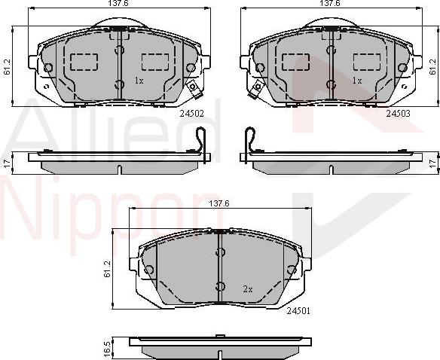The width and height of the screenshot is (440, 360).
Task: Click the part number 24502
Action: pyautogui.click(x=191, y=114)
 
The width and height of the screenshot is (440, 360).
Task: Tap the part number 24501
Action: pyautogui.click(x=298, y=310)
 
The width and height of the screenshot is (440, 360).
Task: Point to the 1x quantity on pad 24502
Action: pyautogui.click(x=139, y=80)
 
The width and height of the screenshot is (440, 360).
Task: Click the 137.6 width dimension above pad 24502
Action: pyautogui.click(x=115, y=5)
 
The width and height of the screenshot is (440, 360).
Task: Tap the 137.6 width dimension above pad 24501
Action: pyautogui.click(x=218, y=204)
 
